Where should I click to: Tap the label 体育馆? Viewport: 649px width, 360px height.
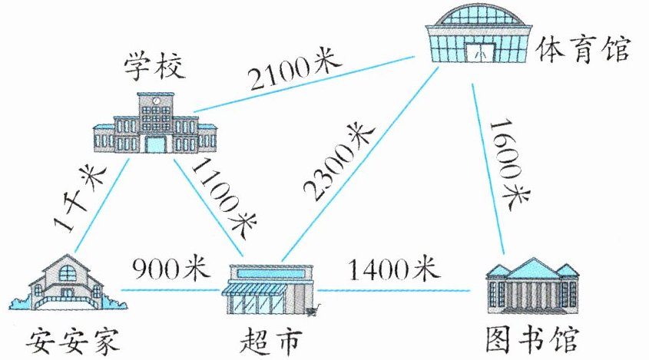point(584,50)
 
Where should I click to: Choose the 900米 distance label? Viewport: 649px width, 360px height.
point(166,269)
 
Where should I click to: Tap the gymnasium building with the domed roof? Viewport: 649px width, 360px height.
point(480,35)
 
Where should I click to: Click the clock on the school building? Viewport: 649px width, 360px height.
point(156,101)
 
